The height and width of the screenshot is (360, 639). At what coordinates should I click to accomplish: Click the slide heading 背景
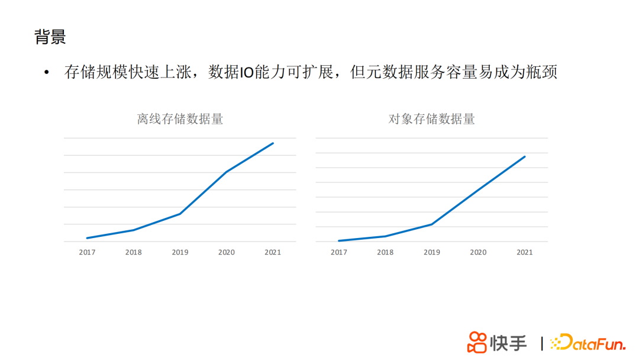[50, 37]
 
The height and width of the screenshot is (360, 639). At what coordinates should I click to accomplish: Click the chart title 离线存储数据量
[180, 119]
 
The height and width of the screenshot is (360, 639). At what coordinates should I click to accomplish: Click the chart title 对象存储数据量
[431, 119]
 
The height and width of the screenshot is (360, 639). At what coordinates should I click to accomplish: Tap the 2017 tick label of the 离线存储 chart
[87, 252]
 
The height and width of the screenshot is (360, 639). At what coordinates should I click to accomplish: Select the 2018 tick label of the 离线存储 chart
[133, 252]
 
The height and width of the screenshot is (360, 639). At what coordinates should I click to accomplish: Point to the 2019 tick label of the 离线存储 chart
[180, 252]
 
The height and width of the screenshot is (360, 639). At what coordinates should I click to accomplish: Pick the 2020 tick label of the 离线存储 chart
[226, 252]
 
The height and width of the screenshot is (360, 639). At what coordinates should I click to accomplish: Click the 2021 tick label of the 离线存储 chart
[273, 252]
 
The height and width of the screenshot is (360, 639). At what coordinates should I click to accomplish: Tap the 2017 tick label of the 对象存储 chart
[339, 252]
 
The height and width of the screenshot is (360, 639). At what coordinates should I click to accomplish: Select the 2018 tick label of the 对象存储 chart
[385, 252]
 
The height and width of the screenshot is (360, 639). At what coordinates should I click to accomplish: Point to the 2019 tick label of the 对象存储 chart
[432, 252]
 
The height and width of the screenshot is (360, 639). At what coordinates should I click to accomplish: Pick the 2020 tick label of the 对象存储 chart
[478, 252]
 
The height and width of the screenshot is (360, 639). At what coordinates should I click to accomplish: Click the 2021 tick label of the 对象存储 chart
[525, 252]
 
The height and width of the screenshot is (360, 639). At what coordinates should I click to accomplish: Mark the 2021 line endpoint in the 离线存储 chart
[273, 143]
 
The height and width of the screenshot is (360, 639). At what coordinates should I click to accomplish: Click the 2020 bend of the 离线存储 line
[227, 172]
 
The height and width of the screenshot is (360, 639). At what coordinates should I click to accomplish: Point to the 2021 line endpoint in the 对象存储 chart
[525, 157]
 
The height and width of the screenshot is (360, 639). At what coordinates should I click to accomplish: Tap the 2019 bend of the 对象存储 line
[432, 224]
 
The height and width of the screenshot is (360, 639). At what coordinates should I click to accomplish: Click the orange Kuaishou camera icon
[477, 342]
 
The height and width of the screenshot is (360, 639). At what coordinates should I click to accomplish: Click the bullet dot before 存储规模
[47, 73]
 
